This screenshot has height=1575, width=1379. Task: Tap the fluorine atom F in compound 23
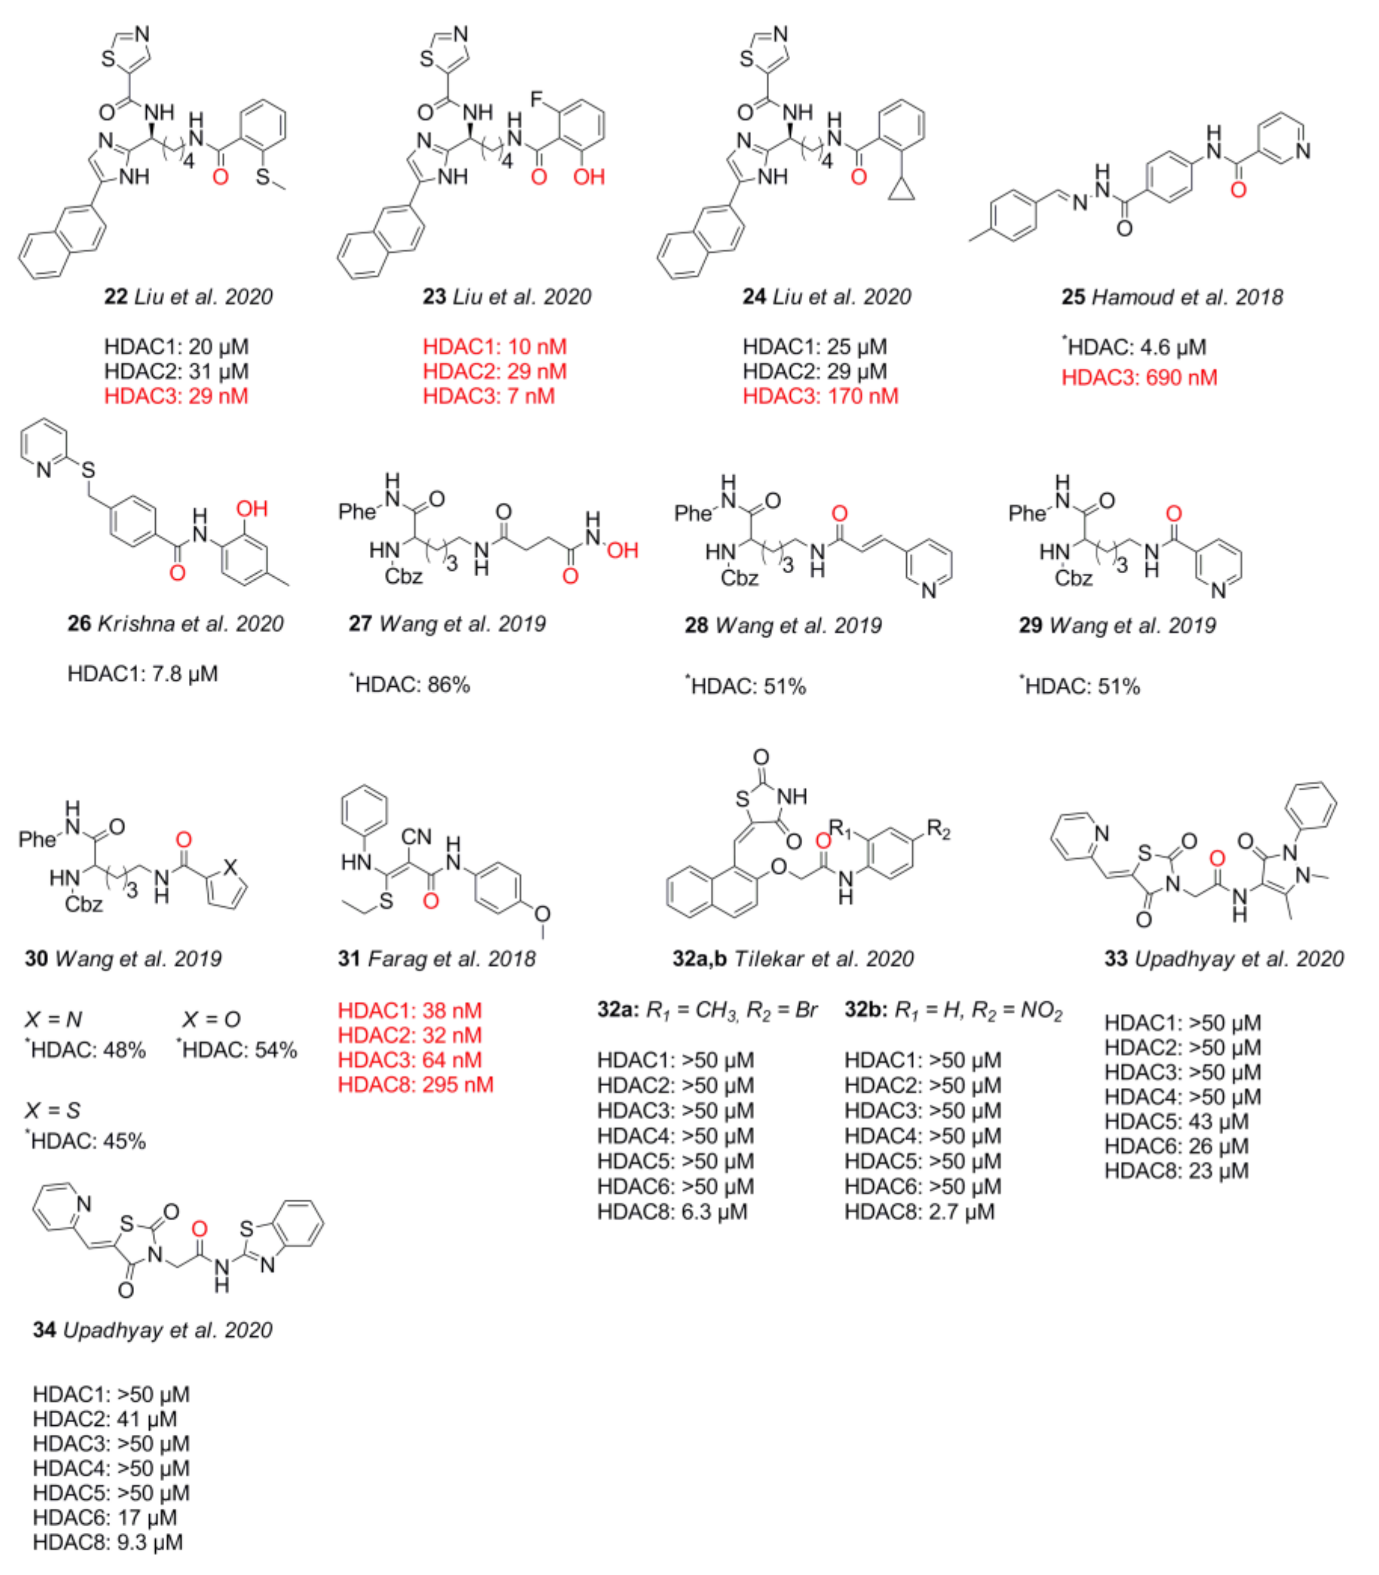pos(537,100)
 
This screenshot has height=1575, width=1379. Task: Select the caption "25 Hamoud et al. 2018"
pos(1172,297)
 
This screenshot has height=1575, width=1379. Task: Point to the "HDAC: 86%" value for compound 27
pos(412,685)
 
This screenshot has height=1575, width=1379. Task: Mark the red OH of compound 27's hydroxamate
pos(622,550)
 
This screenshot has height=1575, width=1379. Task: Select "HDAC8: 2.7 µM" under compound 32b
pos(920,1212)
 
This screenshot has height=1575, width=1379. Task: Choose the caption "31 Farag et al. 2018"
pos(437,959)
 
